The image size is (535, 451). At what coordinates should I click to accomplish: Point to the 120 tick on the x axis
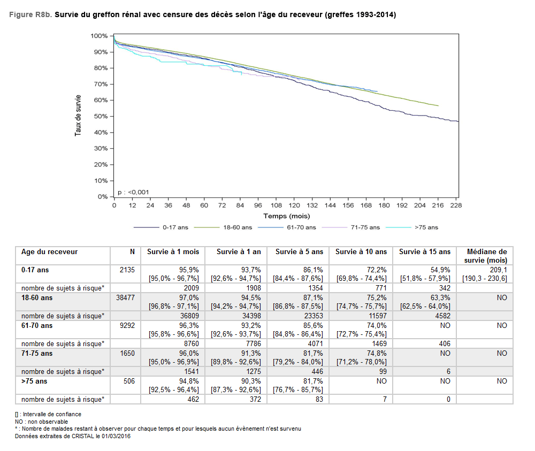point(294,205)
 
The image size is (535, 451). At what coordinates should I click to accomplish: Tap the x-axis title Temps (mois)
point(286,216)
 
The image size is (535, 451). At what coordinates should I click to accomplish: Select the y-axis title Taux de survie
point(78,116)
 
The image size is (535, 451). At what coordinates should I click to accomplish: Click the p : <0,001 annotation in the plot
point(133,192)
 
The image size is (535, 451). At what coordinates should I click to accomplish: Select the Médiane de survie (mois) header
point(486,256)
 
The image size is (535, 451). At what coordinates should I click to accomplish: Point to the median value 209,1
point(498,270)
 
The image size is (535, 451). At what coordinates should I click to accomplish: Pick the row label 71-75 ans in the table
point(37,353)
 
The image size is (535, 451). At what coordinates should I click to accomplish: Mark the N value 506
point(129,381)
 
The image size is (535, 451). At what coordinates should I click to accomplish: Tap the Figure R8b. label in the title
point(30,15)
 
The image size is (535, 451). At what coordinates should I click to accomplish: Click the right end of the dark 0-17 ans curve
point(458,121)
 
